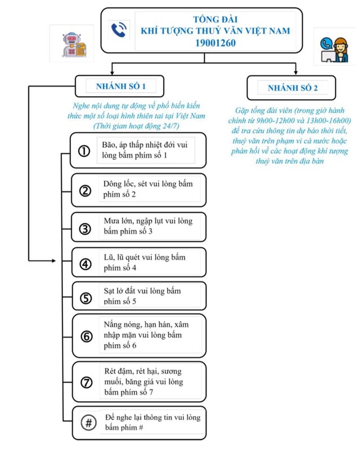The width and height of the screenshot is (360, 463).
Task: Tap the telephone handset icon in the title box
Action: (x=119, y=30)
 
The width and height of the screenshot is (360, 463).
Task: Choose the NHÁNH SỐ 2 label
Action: (x=292, y=88)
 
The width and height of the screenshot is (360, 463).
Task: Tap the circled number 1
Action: (x=84, y=151)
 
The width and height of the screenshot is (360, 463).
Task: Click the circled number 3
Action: (x=85, y=228)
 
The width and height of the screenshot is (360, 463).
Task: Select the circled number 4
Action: (x=85, y=264)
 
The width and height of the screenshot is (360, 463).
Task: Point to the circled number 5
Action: (x=85, y=298)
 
